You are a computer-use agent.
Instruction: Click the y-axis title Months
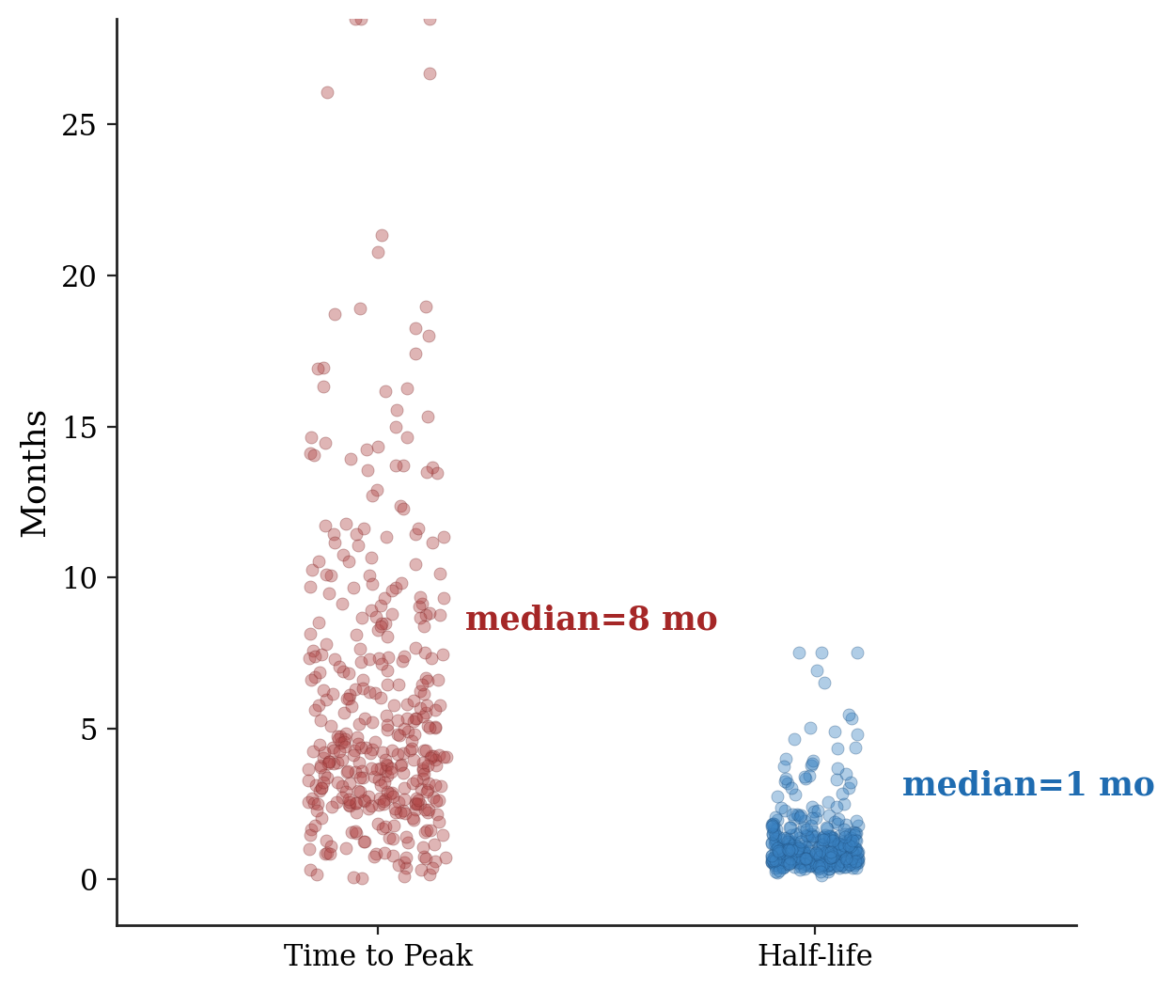click(35, 473)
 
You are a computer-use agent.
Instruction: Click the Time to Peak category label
click(378, 956)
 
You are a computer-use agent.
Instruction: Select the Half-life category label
click(815, 956)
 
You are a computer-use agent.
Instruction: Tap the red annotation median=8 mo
click(591, 620)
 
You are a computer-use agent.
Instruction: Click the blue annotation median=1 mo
click(1028, 784)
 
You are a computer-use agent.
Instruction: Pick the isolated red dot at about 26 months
click(327, 92)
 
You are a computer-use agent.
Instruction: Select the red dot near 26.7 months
click(430, 73)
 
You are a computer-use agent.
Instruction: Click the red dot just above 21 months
click(382, 235)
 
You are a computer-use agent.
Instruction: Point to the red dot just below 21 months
click(378, 252)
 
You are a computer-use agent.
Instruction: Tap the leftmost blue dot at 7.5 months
click(799, 653)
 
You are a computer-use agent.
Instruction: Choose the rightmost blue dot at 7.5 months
click(857, 653)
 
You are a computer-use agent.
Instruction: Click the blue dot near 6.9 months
click(817, 670)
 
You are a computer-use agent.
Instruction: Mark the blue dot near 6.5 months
click(824, 683)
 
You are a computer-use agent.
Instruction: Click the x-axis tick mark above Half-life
click(815, 930)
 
